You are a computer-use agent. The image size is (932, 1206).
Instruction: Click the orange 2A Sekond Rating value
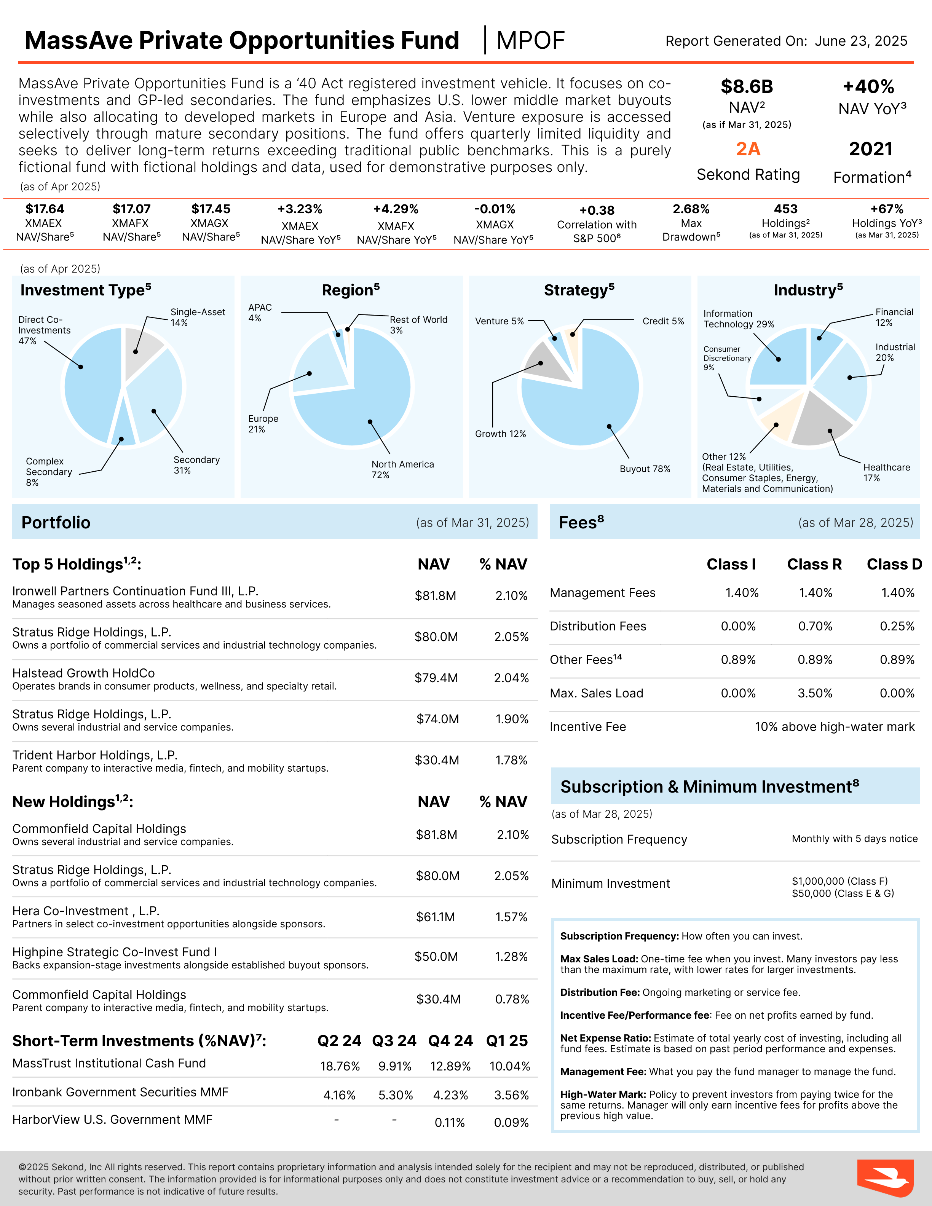coord(748,149)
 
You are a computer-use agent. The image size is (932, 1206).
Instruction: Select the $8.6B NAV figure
coord(747,87)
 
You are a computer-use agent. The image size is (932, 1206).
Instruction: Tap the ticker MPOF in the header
coord(530,40)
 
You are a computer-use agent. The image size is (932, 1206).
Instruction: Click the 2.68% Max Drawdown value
coord(691,209)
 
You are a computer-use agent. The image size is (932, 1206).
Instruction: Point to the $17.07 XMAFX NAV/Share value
coord(131,209)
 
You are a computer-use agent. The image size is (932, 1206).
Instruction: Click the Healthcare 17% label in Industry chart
coord(886,473)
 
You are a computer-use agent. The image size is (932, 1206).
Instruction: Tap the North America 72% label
coord(402,469)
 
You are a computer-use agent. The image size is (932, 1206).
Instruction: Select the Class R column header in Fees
coord(814,564)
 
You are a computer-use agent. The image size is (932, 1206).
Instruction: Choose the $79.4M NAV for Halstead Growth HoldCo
coord(436,678)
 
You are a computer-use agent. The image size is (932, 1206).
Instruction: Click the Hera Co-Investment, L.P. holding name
coord(86,911)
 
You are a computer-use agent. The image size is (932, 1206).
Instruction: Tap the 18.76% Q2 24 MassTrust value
coord(340,1066)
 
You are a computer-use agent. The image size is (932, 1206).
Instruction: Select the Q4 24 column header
coord(450,1041)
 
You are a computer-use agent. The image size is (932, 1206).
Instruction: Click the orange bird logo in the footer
coord(884,1178)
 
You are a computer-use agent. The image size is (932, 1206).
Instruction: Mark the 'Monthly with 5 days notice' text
coord(854,839)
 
